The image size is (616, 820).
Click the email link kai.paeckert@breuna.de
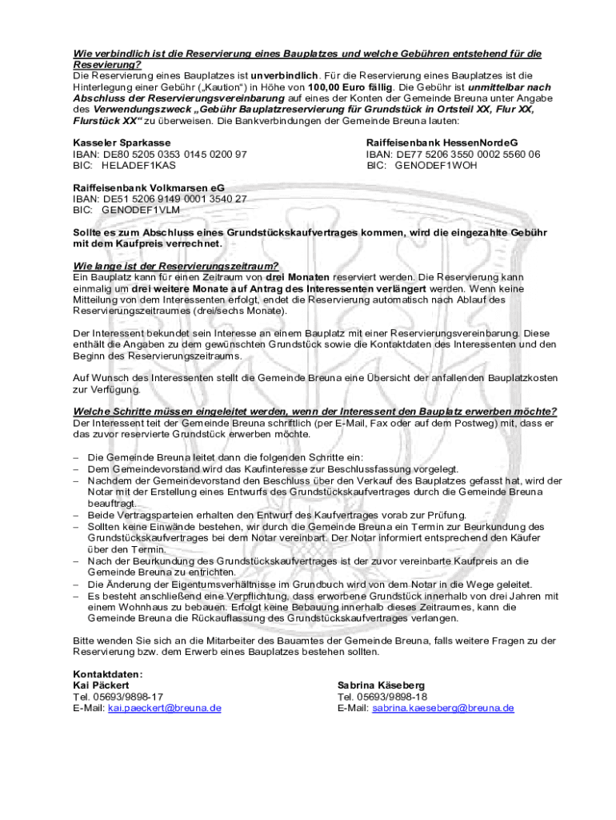click(x=165, y=708)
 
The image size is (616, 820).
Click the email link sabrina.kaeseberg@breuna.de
click(x=443, y=708)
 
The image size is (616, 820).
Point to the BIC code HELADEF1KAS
click(x=138, y=165)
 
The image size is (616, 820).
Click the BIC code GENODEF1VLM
click(x=141, y=210)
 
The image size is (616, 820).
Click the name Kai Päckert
click(x=101, y=685)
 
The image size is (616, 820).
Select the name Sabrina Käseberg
click(x=381, y=685)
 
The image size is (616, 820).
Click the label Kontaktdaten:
click(x=107, y=674)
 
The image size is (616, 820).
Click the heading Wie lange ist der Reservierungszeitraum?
click(x=176, y=266)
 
